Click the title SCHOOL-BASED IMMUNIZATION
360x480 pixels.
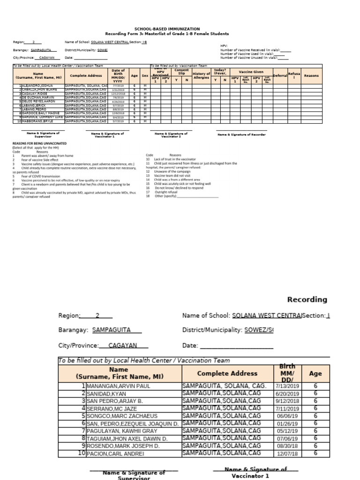point(167,29)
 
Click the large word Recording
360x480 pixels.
point(307,300)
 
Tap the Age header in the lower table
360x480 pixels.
point(315,374)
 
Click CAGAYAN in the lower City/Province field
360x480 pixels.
point(122,345)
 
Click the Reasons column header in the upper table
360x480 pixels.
point(311,75)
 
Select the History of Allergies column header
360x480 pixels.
point(201,75)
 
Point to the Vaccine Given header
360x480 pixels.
point(252,71)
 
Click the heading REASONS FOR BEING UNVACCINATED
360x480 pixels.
point(39,143)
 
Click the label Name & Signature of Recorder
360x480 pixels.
point(241,135)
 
